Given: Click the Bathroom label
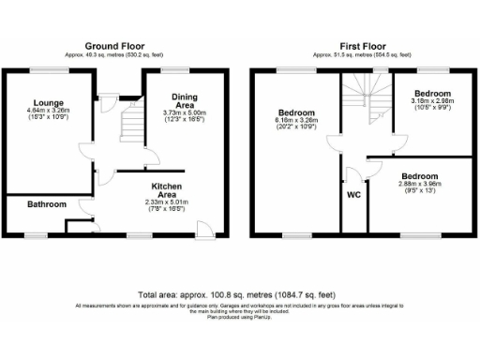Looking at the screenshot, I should click(46, 204).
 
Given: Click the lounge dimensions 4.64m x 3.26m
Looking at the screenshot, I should click(47, 112).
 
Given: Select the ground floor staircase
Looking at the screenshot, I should click(128, 126).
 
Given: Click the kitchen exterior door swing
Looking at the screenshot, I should click(204, 226).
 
